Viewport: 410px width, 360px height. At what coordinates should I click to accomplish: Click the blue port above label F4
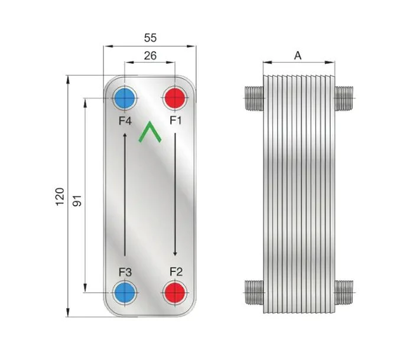125,98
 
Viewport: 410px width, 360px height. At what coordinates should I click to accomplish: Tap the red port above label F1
175,98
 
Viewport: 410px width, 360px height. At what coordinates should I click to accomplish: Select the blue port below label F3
125,293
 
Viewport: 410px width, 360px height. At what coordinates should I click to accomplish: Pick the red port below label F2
175,293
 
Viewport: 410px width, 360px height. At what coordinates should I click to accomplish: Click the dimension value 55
150,38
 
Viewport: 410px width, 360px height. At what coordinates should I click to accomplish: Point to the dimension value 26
150,55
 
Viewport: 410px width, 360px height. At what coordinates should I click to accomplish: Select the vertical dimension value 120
60,197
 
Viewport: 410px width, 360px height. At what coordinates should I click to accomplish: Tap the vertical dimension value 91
77,201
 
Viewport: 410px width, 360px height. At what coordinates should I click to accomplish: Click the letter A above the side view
298,55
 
